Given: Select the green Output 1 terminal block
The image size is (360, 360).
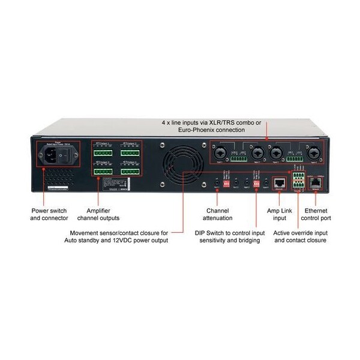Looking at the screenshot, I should (103, 154).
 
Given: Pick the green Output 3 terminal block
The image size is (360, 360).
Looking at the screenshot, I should (103, 171).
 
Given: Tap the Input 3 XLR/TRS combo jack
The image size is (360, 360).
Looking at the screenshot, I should (278, 153).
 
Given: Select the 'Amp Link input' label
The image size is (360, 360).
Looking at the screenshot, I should (277, 215).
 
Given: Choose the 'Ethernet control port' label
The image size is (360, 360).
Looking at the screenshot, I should (320, 215).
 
